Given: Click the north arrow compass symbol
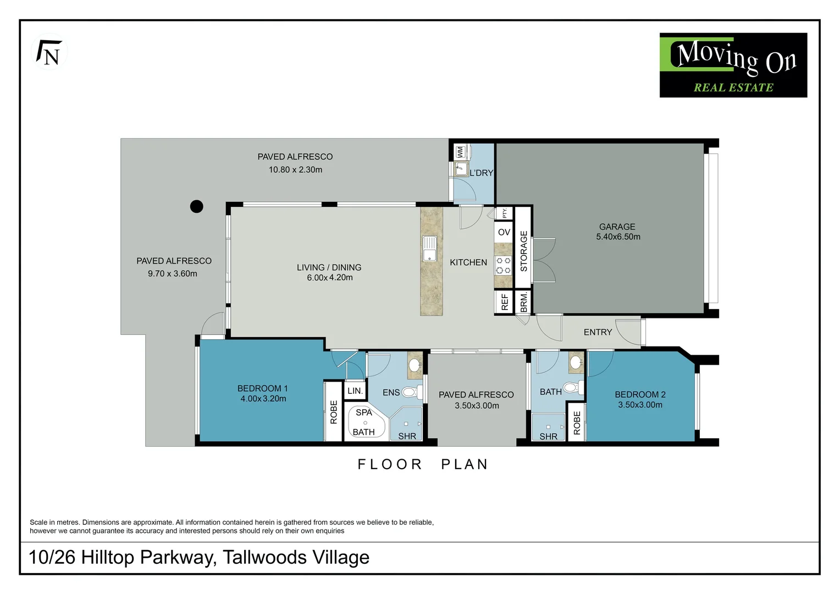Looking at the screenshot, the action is pos(49,52).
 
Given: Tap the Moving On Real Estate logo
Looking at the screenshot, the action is pos(733,65).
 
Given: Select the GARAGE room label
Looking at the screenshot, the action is pos(617,227).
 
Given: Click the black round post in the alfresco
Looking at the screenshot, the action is pos(196,206).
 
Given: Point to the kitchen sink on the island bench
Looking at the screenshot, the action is pos(429,249).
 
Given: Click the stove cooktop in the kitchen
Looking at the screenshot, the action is pos(503,265).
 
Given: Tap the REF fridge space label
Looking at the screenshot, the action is pos(505,302).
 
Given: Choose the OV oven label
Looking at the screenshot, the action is pos(504,232).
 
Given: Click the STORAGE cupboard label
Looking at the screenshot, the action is pos(524,251).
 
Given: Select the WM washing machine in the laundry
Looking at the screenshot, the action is pos(461,152).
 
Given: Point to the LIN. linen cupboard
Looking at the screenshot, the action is pos(355,391).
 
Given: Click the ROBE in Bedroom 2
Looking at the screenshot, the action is pos(577,423).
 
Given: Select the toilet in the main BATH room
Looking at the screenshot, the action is pos(573,387).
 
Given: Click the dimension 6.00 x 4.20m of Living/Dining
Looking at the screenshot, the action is pos(330,278).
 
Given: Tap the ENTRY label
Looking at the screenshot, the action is pos(598,332).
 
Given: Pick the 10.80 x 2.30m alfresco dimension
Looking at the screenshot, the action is pos(295,169).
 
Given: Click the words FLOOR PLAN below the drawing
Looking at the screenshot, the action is pos(423,464).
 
